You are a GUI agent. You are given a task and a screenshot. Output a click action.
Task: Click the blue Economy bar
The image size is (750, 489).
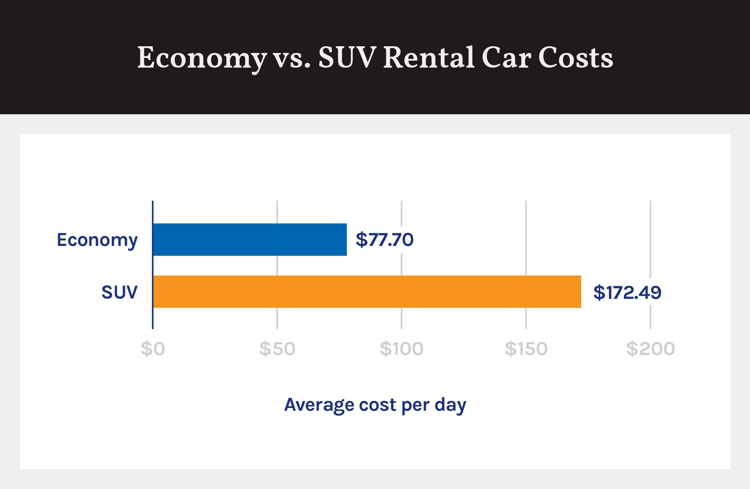pos(250,240)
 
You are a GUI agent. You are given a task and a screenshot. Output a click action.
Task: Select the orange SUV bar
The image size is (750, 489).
pos(367,292)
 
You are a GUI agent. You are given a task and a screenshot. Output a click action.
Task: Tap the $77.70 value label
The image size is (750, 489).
pos(384,240)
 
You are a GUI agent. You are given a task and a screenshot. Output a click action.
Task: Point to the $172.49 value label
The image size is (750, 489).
pos(627,292)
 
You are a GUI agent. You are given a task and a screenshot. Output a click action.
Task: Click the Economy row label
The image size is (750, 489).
pos(97,240)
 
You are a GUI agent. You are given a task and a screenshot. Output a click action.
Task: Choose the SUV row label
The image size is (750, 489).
pos(119,292)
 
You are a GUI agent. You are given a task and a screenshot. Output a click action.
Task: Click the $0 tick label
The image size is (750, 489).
pos(153,349)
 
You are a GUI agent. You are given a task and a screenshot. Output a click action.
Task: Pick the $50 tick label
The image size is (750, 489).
pos(277,349)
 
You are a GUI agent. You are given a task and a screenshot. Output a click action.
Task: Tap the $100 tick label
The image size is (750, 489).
pos(402,349)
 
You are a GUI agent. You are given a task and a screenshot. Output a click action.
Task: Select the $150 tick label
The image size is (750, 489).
pos(526,349)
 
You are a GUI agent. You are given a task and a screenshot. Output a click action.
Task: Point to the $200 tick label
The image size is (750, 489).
pos(650,349)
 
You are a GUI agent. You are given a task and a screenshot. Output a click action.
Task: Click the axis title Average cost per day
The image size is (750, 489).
pos(375,405)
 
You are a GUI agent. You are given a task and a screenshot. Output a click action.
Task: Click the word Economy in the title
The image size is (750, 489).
pos(202,58)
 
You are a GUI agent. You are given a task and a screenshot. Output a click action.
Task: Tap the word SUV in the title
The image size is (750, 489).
pos(347,58)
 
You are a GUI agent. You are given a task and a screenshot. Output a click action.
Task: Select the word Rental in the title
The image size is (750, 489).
pos(429,58)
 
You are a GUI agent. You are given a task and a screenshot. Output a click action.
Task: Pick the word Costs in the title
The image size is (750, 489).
pos(575,58)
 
